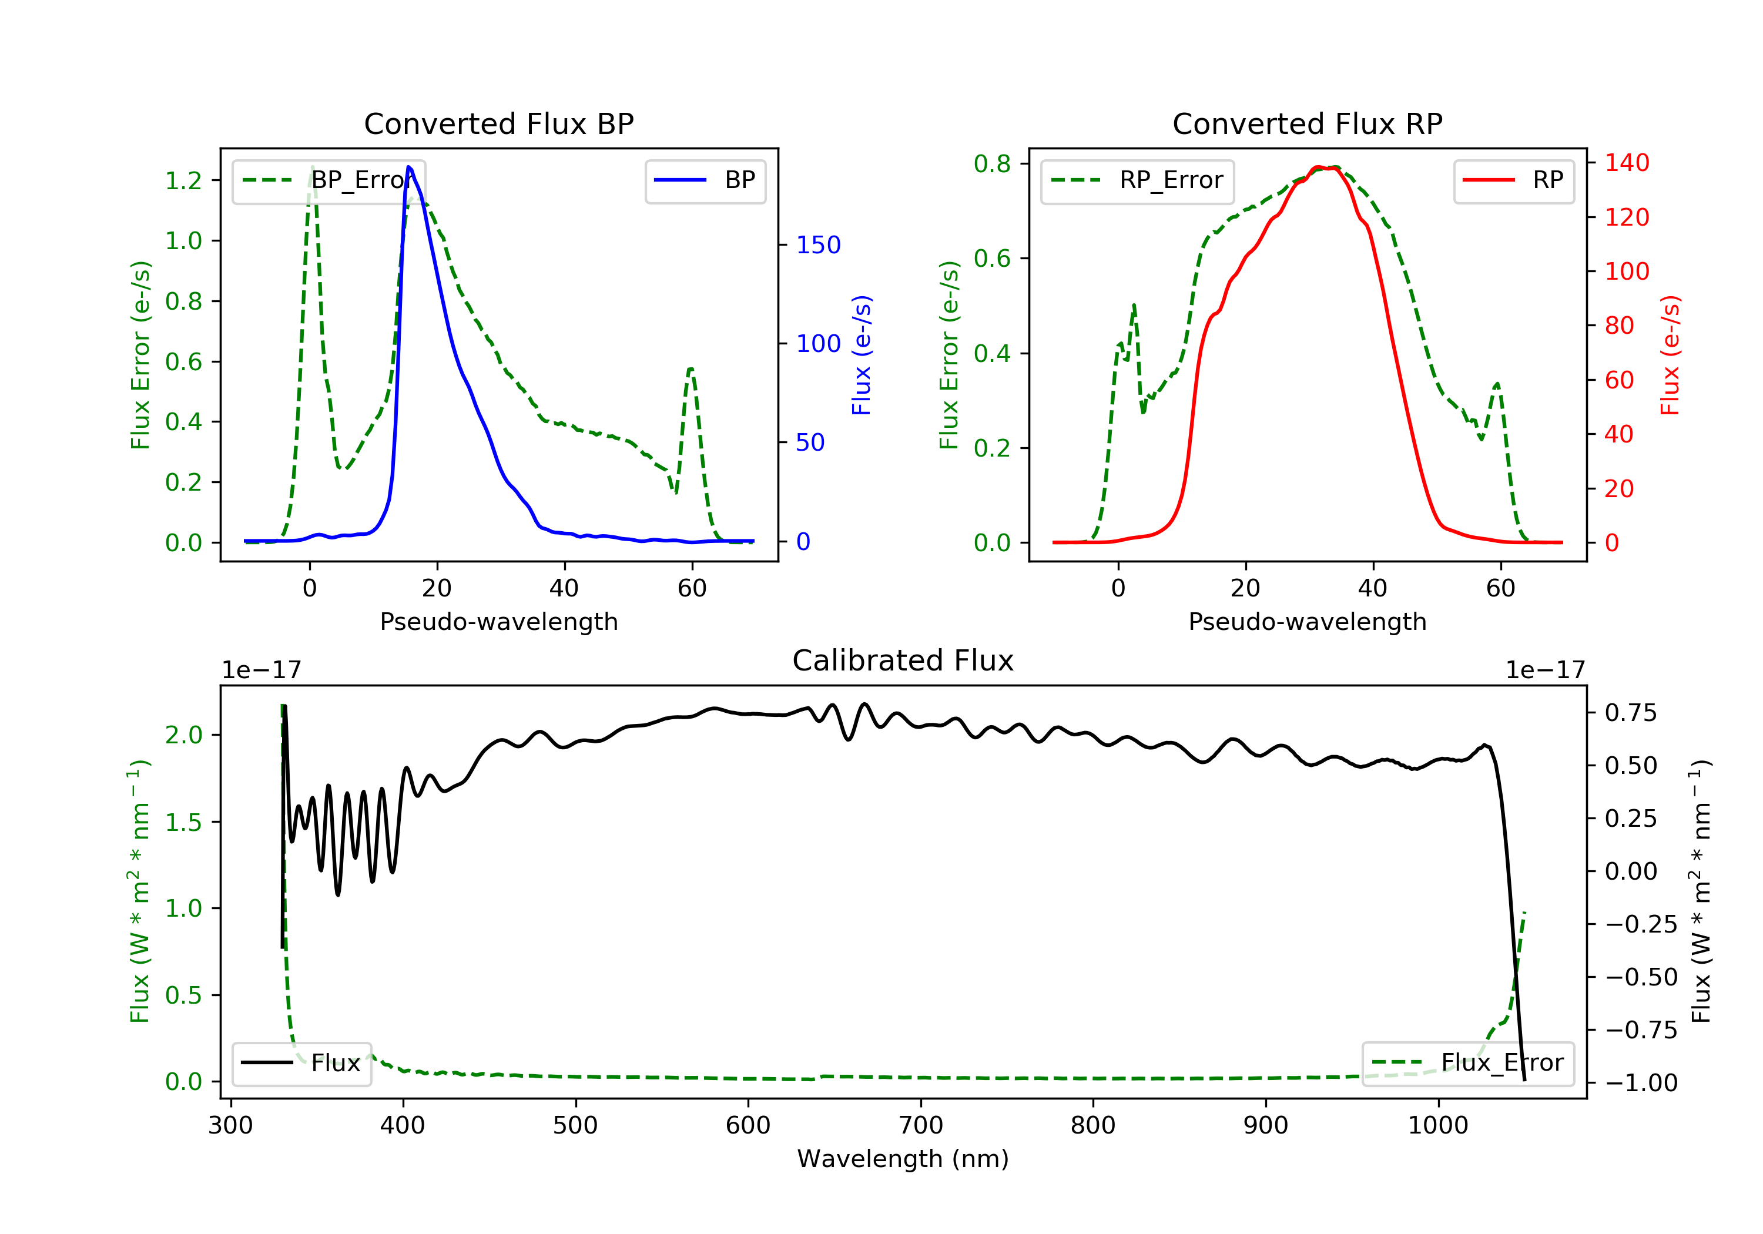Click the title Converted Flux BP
tap(498, 123)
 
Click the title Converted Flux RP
tap(1307, 123)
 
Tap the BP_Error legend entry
tap(328, 180)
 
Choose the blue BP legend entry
tap(705, 180)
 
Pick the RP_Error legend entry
tap(1137, 180)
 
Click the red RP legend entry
tap(1513, 180)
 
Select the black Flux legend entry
tap(301, 1063)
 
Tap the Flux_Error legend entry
tap(1467, 1063)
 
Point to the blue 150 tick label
tap(819, 245)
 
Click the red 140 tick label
tap(1627, 163)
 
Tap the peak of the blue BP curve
tap(408, 167)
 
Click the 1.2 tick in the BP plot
tap(183, 180)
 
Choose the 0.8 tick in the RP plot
tap(992, 163)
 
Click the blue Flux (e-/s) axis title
tap(862, 355)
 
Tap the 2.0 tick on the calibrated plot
tap(183, 735)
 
